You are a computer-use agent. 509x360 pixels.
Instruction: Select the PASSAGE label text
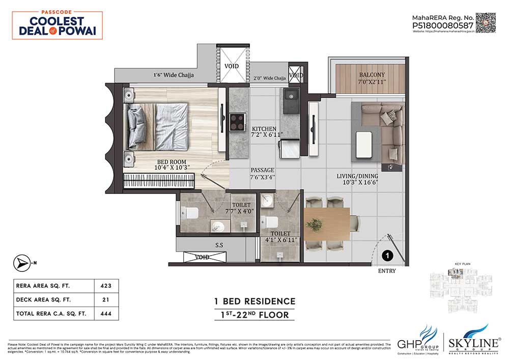262,170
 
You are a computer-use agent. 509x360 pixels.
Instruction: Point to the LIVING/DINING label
357,177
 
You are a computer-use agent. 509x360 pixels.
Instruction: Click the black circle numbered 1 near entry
387,255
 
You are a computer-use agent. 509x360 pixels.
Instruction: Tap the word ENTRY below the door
386,271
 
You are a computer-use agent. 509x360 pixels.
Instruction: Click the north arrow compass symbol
21,263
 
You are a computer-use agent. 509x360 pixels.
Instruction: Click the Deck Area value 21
106,299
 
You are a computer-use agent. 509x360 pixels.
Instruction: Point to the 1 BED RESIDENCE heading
254,301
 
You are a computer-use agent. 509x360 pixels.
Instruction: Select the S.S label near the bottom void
219,245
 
